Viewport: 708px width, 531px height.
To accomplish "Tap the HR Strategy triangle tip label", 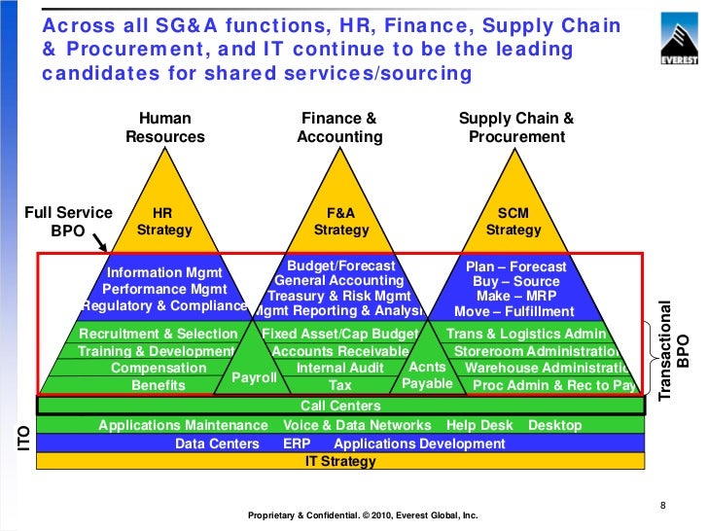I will pos(164,222).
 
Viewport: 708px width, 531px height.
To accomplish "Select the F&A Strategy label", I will pos(341,222).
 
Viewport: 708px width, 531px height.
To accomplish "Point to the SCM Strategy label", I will pos(513,222).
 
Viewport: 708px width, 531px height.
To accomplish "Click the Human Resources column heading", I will pos(165,127).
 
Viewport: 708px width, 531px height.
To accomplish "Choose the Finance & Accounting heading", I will pos(339,127).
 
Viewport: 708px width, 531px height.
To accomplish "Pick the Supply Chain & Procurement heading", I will pos(516,127).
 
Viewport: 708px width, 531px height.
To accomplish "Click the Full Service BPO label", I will pos(68,222).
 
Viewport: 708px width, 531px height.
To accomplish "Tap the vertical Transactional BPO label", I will pos(674,348).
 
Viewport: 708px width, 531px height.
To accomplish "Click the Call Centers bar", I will pos(340,406).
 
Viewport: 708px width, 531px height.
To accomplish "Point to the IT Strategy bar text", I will pos(340,461).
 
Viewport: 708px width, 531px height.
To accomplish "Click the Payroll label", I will pos(254,377).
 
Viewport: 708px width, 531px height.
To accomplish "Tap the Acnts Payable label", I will pos(427,375).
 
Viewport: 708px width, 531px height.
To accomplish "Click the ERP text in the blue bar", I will pos(297,443).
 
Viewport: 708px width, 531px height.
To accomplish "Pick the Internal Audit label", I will pos(339,368).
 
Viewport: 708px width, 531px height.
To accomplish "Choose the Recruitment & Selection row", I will pos(158,334).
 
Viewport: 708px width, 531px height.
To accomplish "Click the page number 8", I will pos(662,505).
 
